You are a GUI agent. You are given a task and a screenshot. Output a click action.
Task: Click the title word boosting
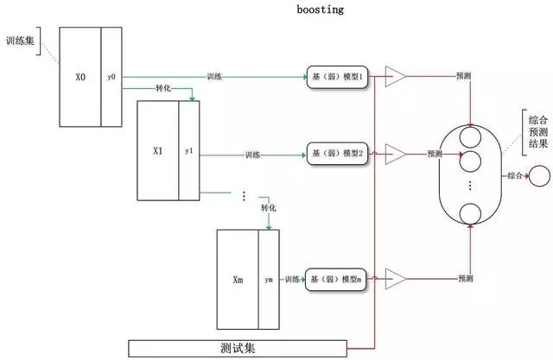(x=320, y=9)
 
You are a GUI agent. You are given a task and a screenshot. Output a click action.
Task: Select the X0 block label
(x=79, y=78)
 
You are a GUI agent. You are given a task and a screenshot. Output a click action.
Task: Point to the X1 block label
(x=157, y=149)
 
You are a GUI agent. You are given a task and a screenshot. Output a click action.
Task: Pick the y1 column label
(x=189, y=149)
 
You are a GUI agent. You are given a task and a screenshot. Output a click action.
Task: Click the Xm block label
(x=238, y=281)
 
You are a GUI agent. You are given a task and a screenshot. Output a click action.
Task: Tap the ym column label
(x=269, y=280)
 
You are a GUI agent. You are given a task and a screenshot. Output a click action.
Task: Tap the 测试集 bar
(x=238, y=349)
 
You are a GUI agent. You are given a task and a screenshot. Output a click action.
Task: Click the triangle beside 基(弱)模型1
(x=395, y=78)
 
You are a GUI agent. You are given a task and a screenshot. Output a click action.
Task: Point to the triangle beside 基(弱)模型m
(x=395, y=279)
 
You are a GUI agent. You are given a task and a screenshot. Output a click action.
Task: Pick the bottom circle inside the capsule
(x=470, y=213)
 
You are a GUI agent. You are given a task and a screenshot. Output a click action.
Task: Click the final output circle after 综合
(x=539, y=176)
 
